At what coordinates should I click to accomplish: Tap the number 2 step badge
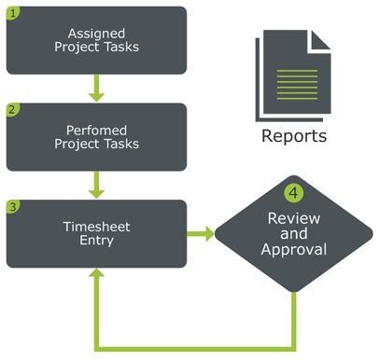coord(13,110)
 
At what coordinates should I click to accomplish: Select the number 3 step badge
coord(13,204)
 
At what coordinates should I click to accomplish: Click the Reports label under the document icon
coord(293,136)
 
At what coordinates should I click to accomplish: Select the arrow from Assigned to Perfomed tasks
coord(96,90)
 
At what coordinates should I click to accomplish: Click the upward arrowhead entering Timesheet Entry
coord(96,278)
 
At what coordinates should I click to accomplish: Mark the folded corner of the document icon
coord(320,39)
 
